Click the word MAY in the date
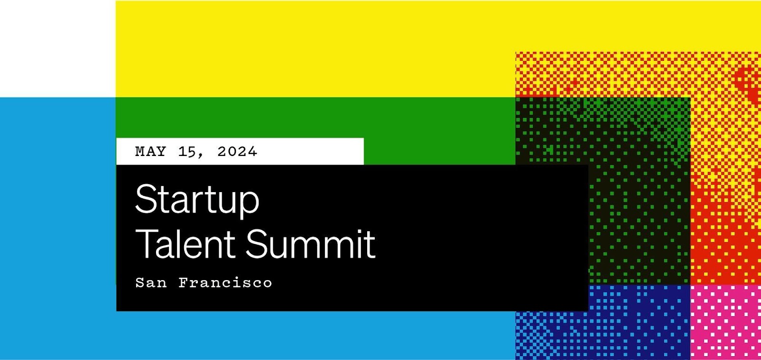pos(150,152)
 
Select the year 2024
pos(237,152)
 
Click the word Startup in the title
pos(197,200)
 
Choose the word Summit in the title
pos(310,243)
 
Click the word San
pos(151,282)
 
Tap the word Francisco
pos(225,282)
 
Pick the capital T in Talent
pos(148,243)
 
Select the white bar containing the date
pos(240,152)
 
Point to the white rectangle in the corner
pos(58,49)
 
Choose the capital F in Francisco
pos(184,282)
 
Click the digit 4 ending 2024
pos(252,152)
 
